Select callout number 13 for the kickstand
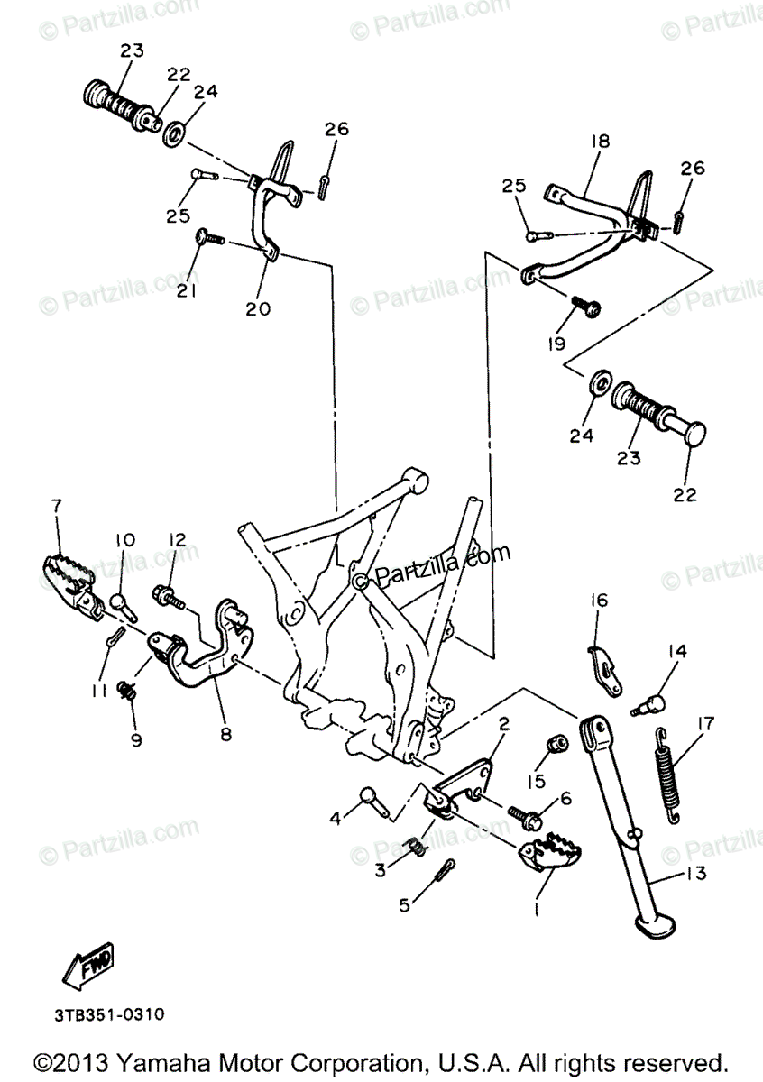pyautogui.click(x=696, y=873)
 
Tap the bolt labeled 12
pyautogui.click(x=170, y=595)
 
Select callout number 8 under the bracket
pyautogui.click(x=225, y=734)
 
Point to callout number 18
pyautogui.click(x=601, y=141)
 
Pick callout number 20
pyautogui.click(x=257, y=309)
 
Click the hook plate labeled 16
pyautogui.click(x=603, y=670)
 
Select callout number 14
pyautogui.click(x=677, y=651)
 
